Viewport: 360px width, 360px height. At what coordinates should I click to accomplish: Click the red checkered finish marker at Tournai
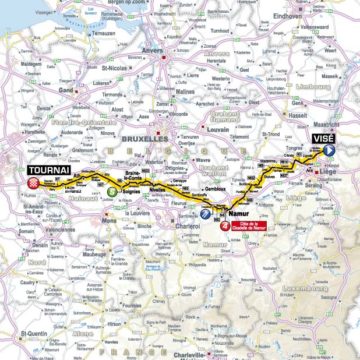pos(34,183)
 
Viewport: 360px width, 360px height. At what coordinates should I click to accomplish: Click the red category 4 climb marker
pos(222,225)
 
